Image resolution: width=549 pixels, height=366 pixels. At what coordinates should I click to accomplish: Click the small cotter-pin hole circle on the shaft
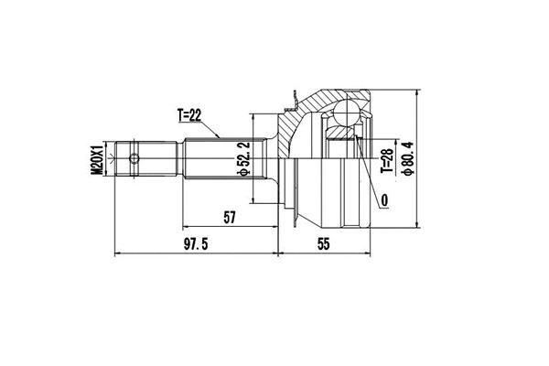(x=135, y=159)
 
